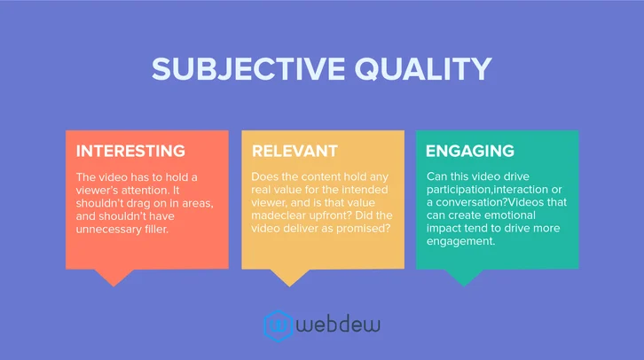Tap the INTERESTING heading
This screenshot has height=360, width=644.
pos(130,151)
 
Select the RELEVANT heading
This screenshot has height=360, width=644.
pos(295,151)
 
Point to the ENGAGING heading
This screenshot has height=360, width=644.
pos(470,151)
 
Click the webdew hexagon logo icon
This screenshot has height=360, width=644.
pos(280,325)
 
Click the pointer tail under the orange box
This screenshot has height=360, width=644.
pos(113,277)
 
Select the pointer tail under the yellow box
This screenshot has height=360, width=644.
pos(288,277)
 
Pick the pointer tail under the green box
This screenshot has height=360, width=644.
pos(463,277)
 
